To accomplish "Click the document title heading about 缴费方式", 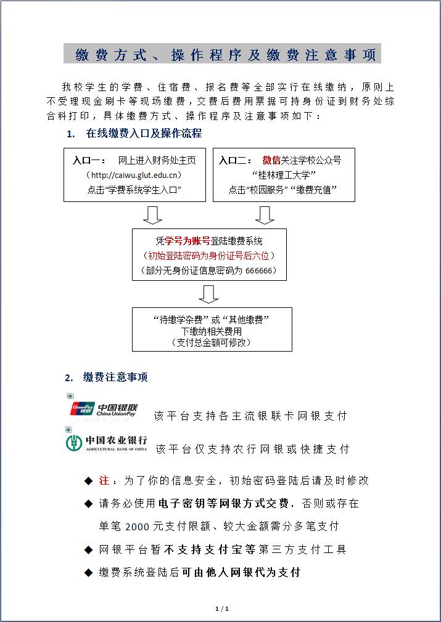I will pos(221,55).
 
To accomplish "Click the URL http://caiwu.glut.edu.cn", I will pos(135,175).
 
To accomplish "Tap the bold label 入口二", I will pos(236,161).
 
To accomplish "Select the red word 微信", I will pos(271,161).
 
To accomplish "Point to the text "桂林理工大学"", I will pos(284,176).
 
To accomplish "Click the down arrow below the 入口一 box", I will pos(152,215).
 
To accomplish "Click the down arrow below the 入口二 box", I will pos(265,215).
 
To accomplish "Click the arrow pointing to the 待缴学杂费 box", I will pos(210,294).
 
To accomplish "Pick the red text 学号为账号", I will pos(188,241).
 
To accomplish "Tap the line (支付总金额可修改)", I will pos(212,342).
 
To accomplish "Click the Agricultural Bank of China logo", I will pos(107,443).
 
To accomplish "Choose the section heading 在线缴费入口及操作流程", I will pos(144,133).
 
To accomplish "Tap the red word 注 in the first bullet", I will pos(104,481).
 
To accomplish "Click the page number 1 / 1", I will pos(221,609).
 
